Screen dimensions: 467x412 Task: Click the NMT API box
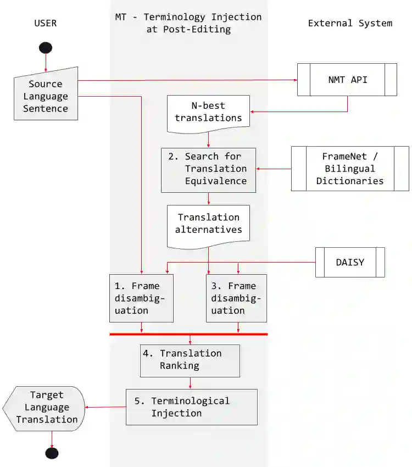(347, 80)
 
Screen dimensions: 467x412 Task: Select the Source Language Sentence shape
(46, 96)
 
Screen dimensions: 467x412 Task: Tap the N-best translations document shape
(209, 112)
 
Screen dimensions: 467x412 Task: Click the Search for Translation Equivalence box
(209, 169)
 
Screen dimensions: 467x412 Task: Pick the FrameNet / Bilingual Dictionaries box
(350, 169)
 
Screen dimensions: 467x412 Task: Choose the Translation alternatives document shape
(209, 224)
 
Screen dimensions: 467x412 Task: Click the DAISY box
(350, 262)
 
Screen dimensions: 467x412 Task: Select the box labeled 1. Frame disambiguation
(141, 298)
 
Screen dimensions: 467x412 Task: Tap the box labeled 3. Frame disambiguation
(236, 298)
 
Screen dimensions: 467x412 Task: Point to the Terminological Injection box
(191, 407)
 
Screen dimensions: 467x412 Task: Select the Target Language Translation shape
(46, 407)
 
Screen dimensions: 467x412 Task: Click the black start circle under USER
(46, 47)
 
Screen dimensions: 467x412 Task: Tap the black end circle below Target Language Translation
(52, 453)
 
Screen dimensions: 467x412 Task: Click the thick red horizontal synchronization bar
(188, 334)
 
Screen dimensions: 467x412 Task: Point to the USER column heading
(46, 23)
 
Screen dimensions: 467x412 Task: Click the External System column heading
(350, 23)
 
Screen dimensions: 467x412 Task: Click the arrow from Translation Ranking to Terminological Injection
(190, 383)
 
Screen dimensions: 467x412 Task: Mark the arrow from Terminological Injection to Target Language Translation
(105, 407)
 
